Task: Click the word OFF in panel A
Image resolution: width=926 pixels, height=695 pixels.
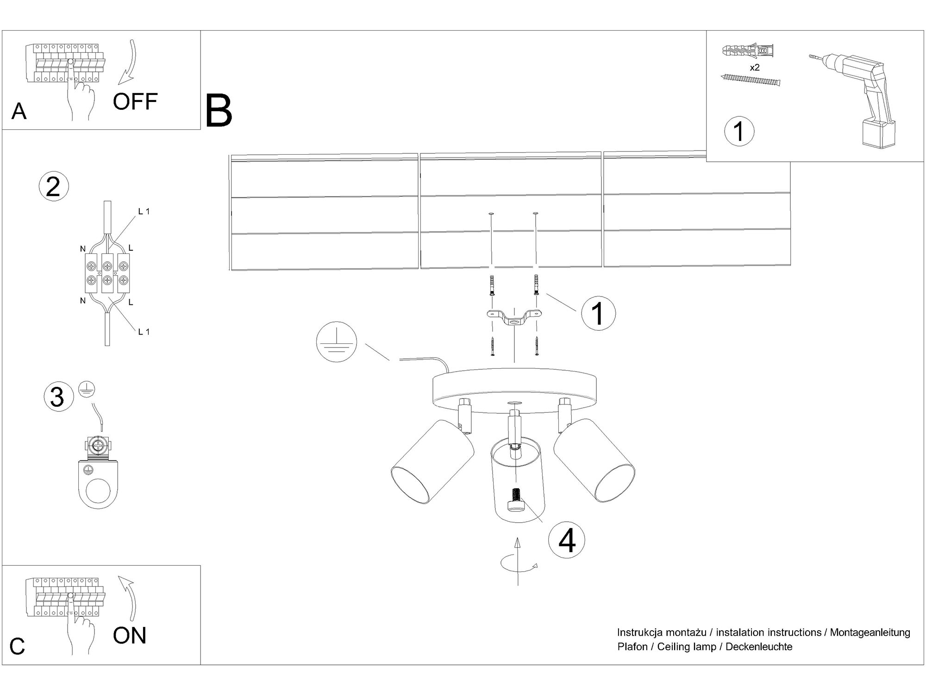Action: pos(135,101)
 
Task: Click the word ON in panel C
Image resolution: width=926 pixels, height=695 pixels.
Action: pos(130,635)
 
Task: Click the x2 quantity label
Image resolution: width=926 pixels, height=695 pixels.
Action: pos(755,68)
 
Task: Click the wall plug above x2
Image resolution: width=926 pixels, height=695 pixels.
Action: pos(748,51)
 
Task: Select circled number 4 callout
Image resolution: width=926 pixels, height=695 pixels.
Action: pos(567,540)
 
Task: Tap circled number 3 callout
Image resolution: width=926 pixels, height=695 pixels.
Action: pos(58,397)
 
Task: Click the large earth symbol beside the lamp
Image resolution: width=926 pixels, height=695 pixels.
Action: pos(337,341)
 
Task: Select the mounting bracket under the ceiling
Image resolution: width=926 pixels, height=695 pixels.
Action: pos(514,317)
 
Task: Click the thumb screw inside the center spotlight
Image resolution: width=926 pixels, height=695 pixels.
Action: pos(516,500)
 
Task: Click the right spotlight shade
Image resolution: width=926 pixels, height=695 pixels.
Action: pos(594,460)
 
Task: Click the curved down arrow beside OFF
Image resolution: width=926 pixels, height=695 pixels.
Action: pos(129,63)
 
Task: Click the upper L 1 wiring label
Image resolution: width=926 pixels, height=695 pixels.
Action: pos(144,212)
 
